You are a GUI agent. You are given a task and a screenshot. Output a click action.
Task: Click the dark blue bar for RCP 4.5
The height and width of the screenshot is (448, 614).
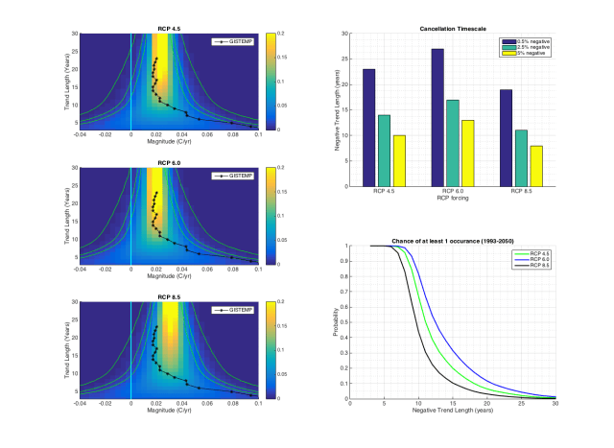click(x=369, y=128)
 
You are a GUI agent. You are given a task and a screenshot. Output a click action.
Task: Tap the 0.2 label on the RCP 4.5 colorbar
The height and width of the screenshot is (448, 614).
click(x=278, y=33)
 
